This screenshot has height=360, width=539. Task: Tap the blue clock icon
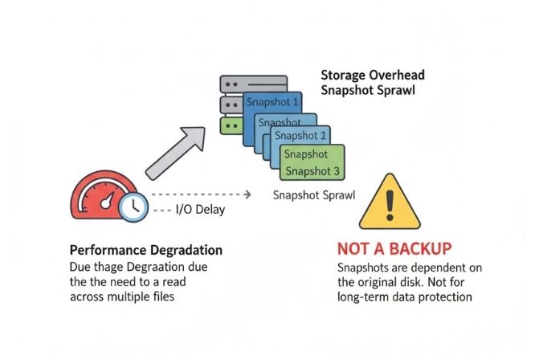[x=132, y=207]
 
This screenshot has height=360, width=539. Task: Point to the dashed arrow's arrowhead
[x=250, y=194]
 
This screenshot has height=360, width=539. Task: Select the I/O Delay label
[x=202, y=211]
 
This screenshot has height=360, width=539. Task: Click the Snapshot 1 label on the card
[x=272, y=102]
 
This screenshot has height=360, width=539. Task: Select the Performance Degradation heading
[x=145, y=249]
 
